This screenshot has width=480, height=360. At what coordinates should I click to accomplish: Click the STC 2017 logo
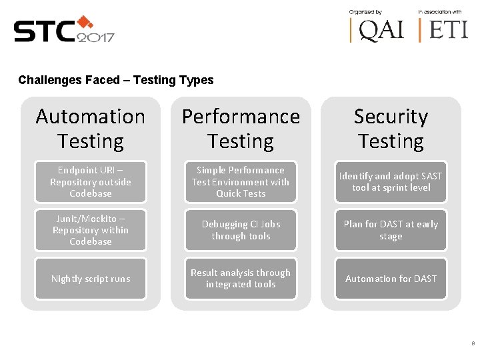pyautogui.click(x=64, y=30)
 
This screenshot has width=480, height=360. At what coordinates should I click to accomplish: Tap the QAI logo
pyautogui.click(x=377, y=29)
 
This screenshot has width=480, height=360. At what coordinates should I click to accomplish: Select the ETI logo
pyautogui.click(x=443, y=29)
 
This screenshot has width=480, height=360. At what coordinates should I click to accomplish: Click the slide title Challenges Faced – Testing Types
pyautogui.click(x=116, y=80)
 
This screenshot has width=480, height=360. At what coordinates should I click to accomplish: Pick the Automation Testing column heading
pyautogui.click(x=91, y=129)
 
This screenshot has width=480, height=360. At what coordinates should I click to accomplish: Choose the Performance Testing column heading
pyautogui.click(x=241, y=129)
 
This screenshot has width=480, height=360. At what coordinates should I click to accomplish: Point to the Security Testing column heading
pyautogui.click(x=391, y=129)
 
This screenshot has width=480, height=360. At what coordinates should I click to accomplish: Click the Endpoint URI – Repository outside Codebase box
pyautogui.click(x=91, y=182)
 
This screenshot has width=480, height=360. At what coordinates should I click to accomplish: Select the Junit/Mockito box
pyautogui.click(x=91, y=230)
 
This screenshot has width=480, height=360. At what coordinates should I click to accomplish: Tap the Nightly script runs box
pyautogui.click(x=91, y=279)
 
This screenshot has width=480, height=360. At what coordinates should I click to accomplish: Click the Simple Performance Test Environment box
pyautogui.click(x=241, y=182)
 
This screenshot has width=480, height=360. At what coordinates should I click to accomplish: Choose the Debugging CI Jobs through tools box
pyautogui.click(x=241, y=230)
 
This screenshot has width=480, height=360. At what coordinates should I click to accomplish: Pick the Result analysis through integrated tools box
pyautogui.click(x=241, y=279)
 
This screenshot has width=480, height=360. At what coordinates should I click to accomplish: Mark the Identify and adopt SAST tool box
pyautogui.click(x=391, y=182)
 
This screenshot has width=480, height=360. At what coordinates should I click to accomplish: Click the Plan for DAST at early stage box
pyautogui.click(x=391, y=230)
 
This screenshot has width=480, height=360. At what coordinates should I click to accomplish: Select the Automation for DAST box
pyautogui.click(x=391, y=279)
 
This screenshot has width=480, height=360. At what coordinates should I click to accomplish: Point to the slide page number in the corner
pyautogui.click(x=473, y=344)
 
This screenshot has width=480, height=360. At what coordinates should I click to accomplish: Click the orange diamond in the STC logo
pyautogui.click(x=84, y=22)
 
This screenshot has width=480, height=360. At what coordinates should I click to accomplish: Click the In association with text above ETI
pyautogui.click(x=440, y=12)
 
